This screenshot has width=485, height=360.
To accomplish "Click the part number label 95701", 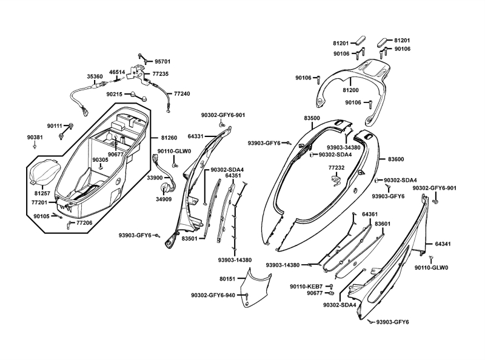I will click(x=162, y=62).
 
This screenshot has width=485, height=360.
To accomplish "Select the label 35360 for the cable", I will click(x=95, y=77).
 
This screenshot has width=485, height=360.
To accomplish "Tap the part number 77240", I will click(x=182, y=94).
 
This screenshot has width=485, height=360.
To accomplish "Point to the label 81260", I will click(x=169, y=138).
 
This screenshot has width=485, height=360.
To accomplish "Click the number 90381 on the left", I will click(x=35, y=138).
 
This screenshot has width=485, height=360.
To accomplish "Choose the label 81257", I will click(x=41, y=193).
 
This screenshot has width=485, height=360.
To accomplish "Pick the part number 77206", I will click(x=84, y=223).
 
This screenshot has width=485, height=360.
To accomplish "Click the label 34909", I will click(x=164, y=199).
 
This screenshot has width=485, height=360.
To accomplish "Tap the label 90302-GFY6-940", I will click(x=213, y=295).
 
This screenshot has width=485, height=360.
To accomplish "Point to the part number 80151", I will click(x=227, y=279).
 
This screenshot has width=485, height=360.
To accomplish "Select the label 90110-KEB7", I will click(x=306, y=286).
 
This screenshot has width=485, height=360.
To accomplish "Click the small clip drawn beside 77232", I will click(x=337, y=179).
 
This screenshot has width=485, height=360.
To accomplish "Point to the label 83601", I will click(x=383, y=224).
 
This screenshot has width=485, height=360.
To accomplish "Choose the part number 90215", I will click(x=114, y=95).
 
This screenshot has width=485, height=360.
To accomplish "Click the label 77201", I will click(x=41, y=202).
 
